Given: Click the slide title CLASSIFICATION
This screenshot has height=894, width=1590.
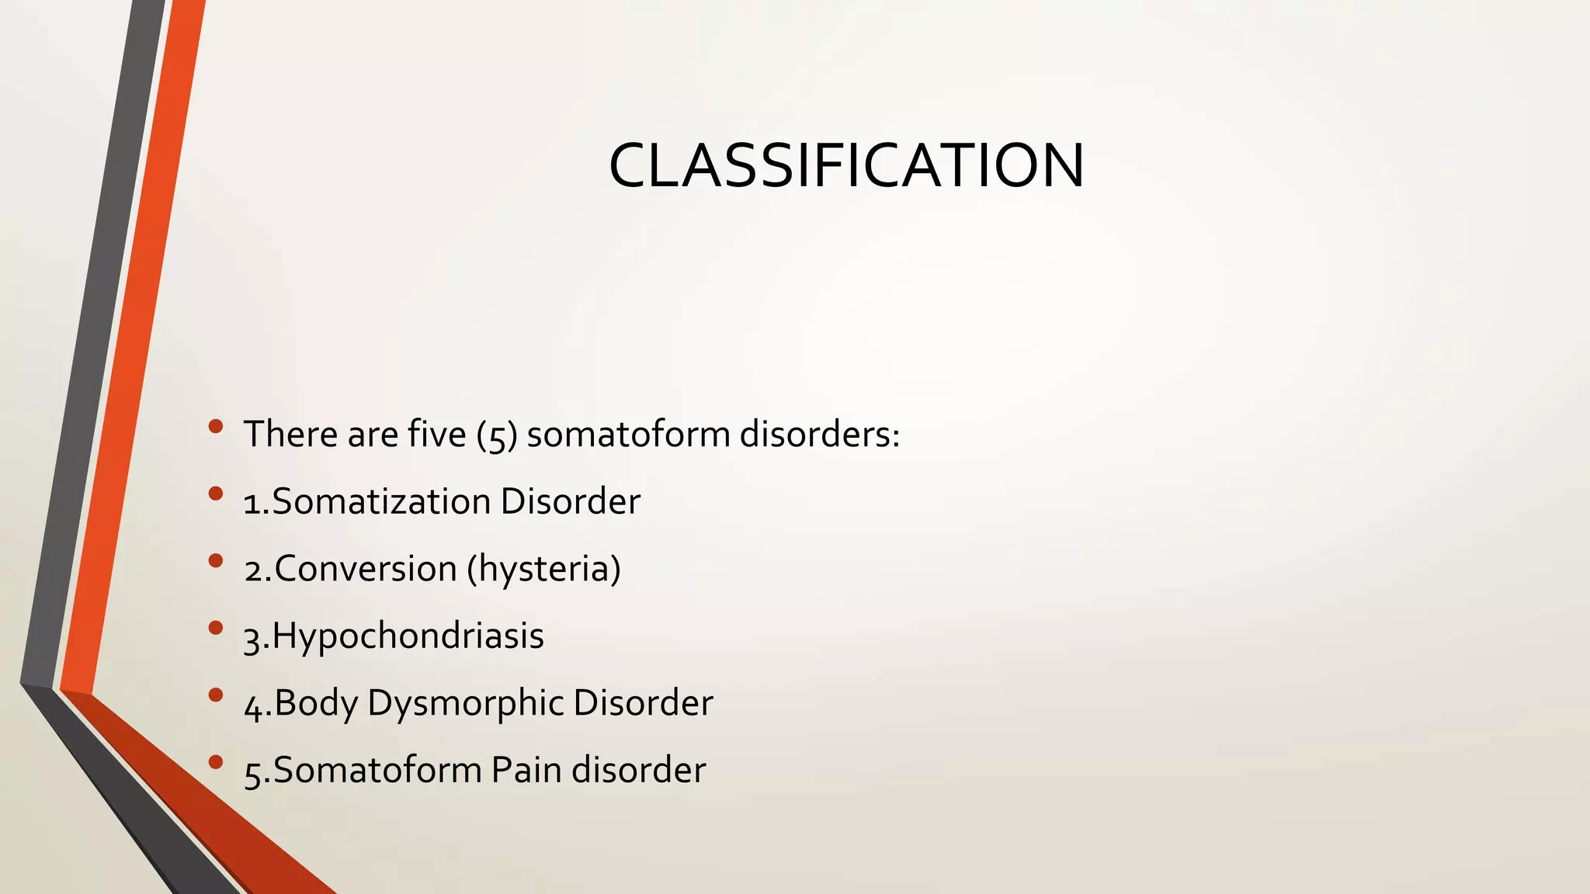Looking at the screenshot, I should pyautogui.click(x=846, y=165).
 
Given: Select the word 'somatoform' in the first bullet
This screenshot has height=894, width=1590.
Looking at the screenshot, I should pyautogui.click(x=628, y=434).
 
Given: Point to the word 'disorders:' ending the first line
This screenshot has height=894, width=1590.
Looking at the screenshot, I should pyautogui.click(x=819, y=434).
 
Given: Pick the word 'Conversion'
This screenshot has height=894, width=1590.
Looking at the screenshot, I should pyautogui.click(x=365, y=569).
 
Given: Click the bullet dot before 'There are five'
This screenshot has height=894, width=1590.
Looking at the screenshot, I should pyautogui.click(x=216, y=425).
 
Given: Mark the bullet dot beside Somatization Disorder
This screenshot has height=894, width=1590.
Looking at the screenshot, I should pyautogui.click(x=216, y=493).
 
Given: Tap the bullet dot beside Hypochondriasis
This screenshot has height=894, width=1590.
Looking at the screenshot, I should pyautogui.click(x=216, y=627).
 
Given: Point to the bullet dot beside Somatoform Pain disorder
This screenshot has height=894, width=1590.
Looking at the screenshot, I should pyautogui.click(x=216, y=761).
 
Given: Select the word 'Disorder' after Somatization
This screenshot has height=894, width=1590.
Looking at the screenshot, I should pyautogui.click(x=570, y=501).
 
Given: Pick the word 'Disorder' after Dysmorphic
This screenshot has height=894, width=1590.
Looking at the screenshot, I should pyautogui.click(x=643, y=703).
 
